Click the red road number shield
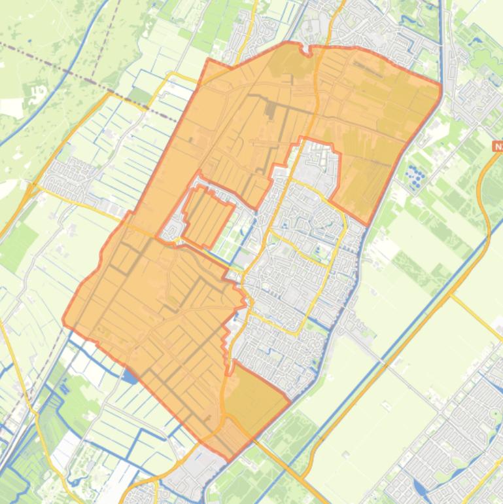[x=498, y=147]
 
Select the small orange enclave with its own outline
[x=207, y=213]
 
